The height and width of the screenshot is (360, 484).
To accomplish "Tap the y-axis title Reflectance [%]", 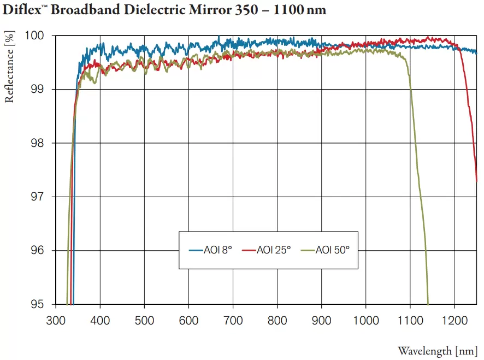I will (9, 67).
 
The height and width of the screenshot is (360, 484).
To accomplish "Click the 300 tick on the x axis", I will (56, 320).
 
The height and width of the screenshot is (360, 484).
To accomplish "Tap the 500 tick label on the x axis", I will (144, 320).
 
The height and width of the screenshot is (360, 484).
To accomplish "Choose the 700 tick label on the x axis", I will (233, 320).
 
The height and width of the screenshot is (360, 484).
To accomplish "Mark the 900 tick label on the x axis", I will (321, 320).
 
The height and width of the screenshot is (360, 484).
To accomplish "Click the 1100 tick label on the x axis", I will (410, 320).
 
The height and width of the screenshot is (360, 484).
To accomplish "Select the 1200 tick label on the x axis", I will (454, 320).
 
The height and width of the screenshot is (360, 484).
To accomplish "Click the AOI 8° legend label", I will (218, 250).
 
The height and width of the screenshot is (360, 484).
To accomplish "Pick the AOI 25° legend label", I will (274, 250).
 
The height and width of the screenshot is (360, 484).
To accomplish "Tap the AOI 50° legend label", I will (332, 250).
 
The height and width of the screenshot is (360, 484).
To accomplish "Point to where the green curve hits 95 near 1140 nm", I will (428, 303).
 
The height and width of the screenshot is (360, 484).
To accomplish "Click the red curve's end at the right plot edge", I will (476, 180).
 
